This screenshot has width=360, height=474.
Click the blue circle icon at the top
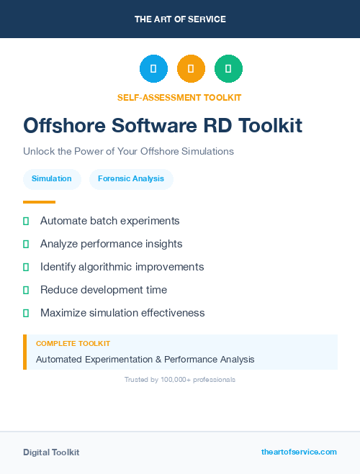(x=153, y=68)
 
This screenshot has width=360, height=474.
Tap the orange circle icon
(x=191, y=68)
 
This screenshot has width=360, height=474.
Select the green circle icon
(x=228, y=68)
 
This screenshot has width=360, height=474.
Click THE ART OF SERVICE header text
(x=180, y=19)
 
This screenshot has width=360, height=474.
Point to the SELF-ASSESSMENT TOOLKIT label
(x=179, y=97)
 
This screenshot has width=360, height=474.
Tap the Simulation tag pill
(x=52, y=178)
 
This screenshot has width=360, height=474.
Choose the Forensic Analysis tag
(x=131, y=178)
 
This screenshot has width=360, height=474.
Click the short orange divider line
(x=39, y=202)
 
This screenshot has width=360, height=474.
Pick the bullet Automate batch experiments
(x=109, y=221)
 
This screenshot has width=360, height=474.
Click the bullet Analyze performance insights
(x=111, y=244)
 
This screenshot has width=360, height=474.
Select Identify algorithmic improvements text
(x=122, y=267)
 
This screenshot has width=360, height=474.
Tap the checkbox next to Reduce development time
(x=26, y=290)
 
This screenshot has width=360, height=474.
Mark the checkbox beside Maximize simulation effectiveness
(x=26, y=313)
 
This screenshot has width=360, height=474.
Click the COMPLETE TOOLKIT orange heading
(x=73, y=344)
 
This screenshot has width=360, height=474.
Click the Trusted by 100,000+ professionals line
(x=180, y=379)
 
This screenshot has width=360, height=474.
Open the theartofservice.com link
(x=299, y=452)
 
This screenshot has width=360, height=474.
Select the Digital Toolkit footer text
(x=51, y=452)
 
